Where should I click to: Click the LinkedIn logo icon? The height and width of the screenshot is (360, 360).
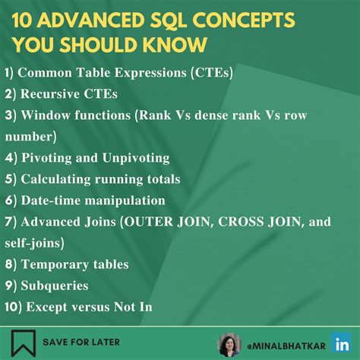340,343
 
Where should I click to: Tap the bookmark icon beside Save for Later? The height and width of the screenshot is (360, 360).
22,343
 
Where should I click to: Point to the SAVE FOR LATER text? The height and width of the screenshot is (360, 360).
81,343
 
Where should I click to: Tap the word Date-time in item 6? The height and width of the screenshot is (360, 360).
50,201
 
